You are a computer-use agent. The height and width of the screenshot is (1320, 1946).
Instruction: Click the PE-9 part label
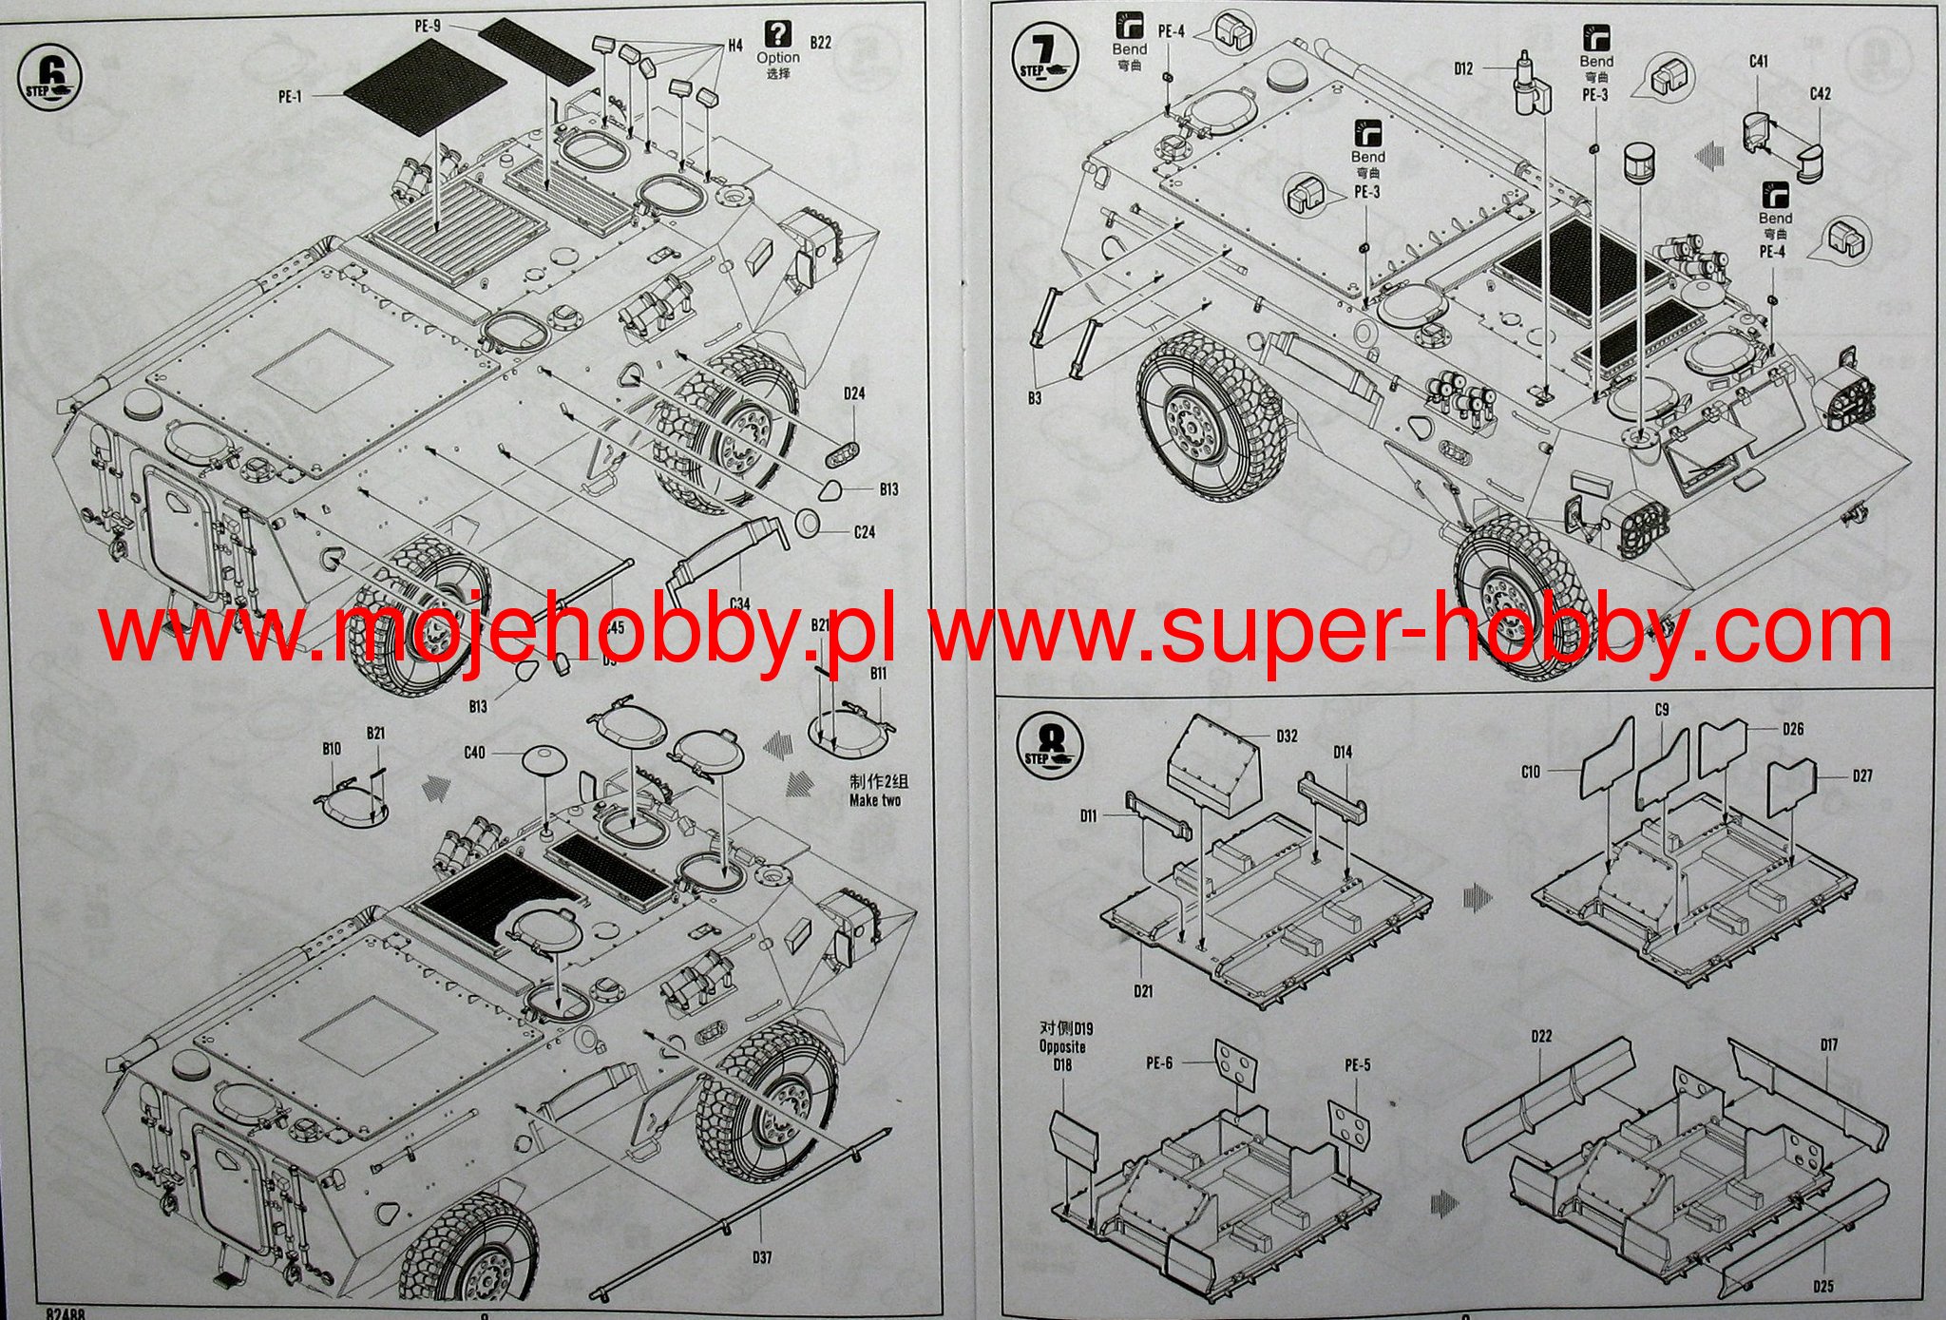pos(428,27)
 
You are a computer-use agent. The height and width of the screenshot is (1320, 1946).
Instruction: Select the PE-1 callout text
pos(289,96)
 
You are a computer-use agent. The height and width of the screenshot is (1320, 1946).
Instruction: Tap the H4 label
pos(735,46)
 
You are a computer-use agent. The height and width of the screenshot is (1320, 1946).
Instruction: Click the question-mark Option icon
pos(777,34)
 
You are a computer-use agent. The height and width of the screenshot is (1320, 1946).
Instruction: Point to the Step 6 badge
pos(46,74)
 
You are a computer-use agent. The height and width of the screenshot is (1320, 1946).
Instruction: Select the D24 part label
pos(853,393)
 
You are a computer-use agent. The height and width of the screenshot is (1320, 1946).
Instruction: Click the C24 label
pos(864,532)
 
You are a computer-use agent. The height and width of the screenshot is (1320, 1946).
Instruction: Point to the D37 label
pos(761,1257)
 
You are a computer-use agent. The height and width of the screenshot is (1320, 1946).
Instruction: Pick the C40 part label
pos(474,753)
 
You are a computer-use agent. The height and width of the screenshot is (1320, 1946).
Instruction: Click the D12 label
pos(1463,68)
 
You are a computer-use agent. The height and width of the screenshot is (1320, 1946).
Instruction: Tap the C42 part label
pos(1821,94)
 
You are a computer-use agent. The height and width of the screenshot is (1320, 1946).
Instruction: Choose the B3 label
pos(1035,398)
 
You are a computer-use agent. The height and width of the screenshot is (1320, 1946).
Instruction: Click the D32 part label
pos(1288,737)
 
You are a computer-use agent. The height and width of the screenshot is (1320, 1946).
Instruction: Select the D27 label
pos(1862,775)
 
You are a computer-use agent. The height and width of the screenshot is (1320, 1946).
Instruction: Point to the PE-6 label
pos(1159,1063)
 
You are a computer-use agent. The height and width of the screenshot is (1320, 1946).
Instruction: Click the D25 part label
pos(1822,1287)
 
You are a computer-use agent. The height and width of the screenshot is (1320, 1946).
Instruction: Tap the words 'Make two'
pos(875,800)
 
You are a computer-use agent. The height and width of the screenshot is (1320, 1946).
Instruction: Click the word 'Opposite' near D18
pos(1061,1046)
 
